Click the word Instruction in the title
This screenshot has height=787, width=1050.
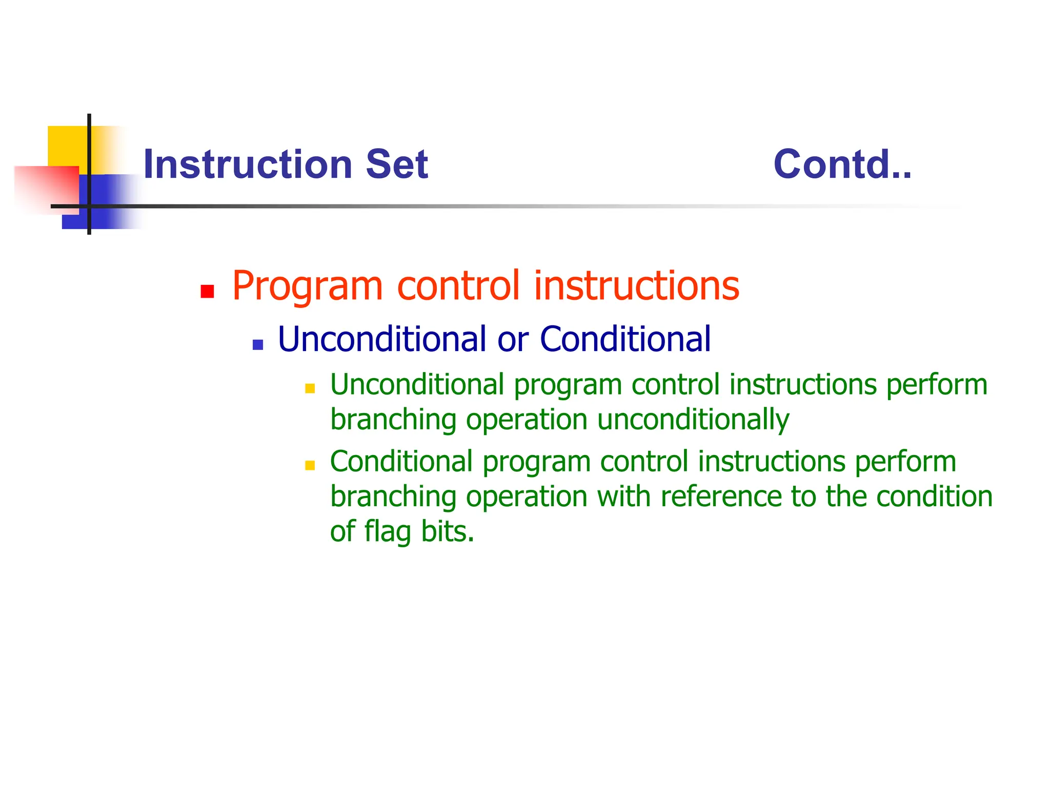pos(248,164)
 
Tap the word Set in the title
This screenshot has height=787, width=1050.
pos(396,164)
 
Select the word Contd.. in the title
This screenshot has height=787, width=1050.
pos(842,164)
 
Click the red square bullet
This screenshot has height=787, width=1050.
pos(207,292)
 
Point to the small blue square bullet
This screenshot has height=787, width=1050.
pos(258,344)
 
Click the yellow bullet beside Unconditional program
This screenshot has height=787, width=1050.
pos(310,388)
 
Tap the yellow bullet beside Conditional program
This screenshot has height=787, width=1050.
pos(310,465)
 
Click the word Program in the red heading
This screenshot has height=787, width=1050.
pos(308,286)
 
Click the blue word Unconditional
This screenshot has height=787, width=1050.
pos(382,339)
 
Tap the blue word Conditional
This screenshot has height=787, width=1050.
pos(625,339)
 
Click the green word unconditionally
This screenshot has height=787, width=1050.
pos(693,420)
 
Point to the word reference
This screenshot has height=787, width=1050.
pos(720,496)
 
